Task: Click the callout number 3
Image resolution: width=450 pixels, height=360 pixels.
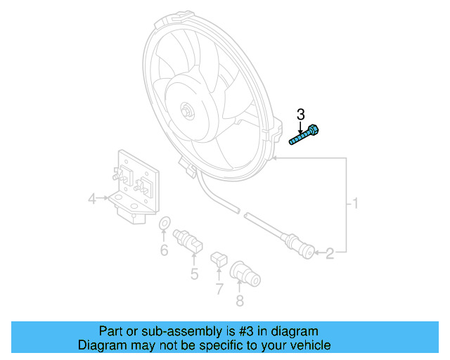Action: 301,115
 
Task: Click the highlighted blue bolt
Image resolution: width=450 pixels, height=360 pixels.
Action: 304,135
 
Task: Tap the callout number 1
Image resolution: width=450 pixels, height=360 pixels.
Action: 356,205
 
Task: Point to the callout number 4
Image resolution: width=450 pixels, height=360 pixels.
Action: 92,201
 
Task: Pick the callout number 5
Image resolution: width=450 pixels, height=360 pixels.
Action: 194,274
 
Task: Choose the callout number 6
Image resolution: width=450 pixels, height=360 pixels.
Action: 164,250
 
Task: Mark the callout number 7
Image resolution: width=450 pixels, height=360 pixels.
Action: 219,288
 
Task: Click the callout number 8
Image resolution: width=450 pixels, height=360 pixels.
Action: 240,302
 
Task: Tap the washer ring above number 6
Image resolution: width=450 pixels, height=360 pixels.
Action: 164,225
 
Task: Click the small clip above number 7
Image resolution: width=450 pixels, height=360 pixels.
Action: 219,259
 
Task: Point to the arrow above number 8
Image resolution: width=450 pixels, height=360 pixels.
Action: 240,284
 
